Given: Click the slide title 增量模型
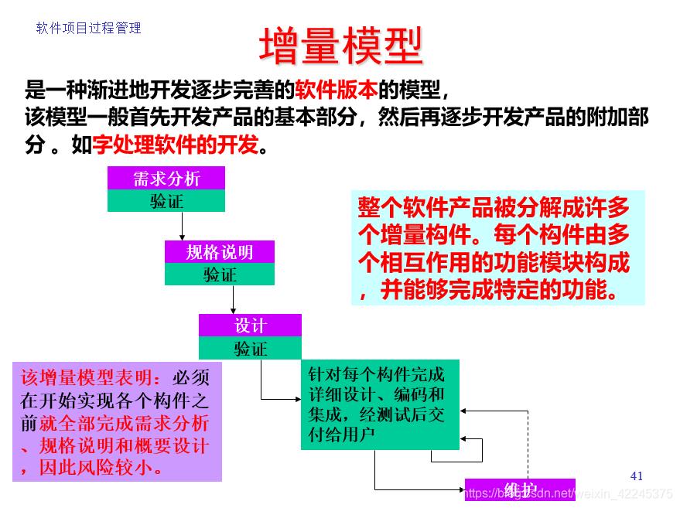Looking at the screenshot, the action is point(340,46).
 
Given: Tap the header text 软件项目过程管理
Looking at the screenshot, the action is point(89,28).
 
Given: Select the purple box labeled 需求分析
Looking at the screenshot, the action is point(166,178).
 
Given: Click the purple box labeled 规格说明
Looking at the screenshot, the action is point(220,252).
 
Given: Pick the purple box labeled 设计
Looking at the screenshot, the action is point(250,326).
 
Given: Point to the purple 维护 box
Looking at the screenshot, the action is point(520,489).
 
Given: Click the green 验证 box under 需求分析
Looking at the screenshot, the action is point(166,201).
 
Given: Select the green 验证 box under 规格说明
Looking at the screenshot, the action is point(220,274).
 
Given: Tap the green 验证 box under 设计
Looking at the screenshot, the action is point(250,349).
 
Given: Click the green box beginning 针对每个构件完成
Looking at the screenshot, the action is point(379,404).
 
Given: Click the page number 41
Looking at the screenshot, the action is point(637,476).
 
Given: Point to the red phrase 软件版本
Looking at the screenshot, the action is point(337,90).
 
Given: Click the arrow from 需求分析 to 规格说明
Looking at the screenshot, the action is point(183,226).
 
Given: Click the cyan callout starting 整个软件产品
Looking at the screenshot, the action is point(497,248).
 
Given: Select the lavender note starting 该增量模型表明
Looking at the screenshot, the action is point(117,422).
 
